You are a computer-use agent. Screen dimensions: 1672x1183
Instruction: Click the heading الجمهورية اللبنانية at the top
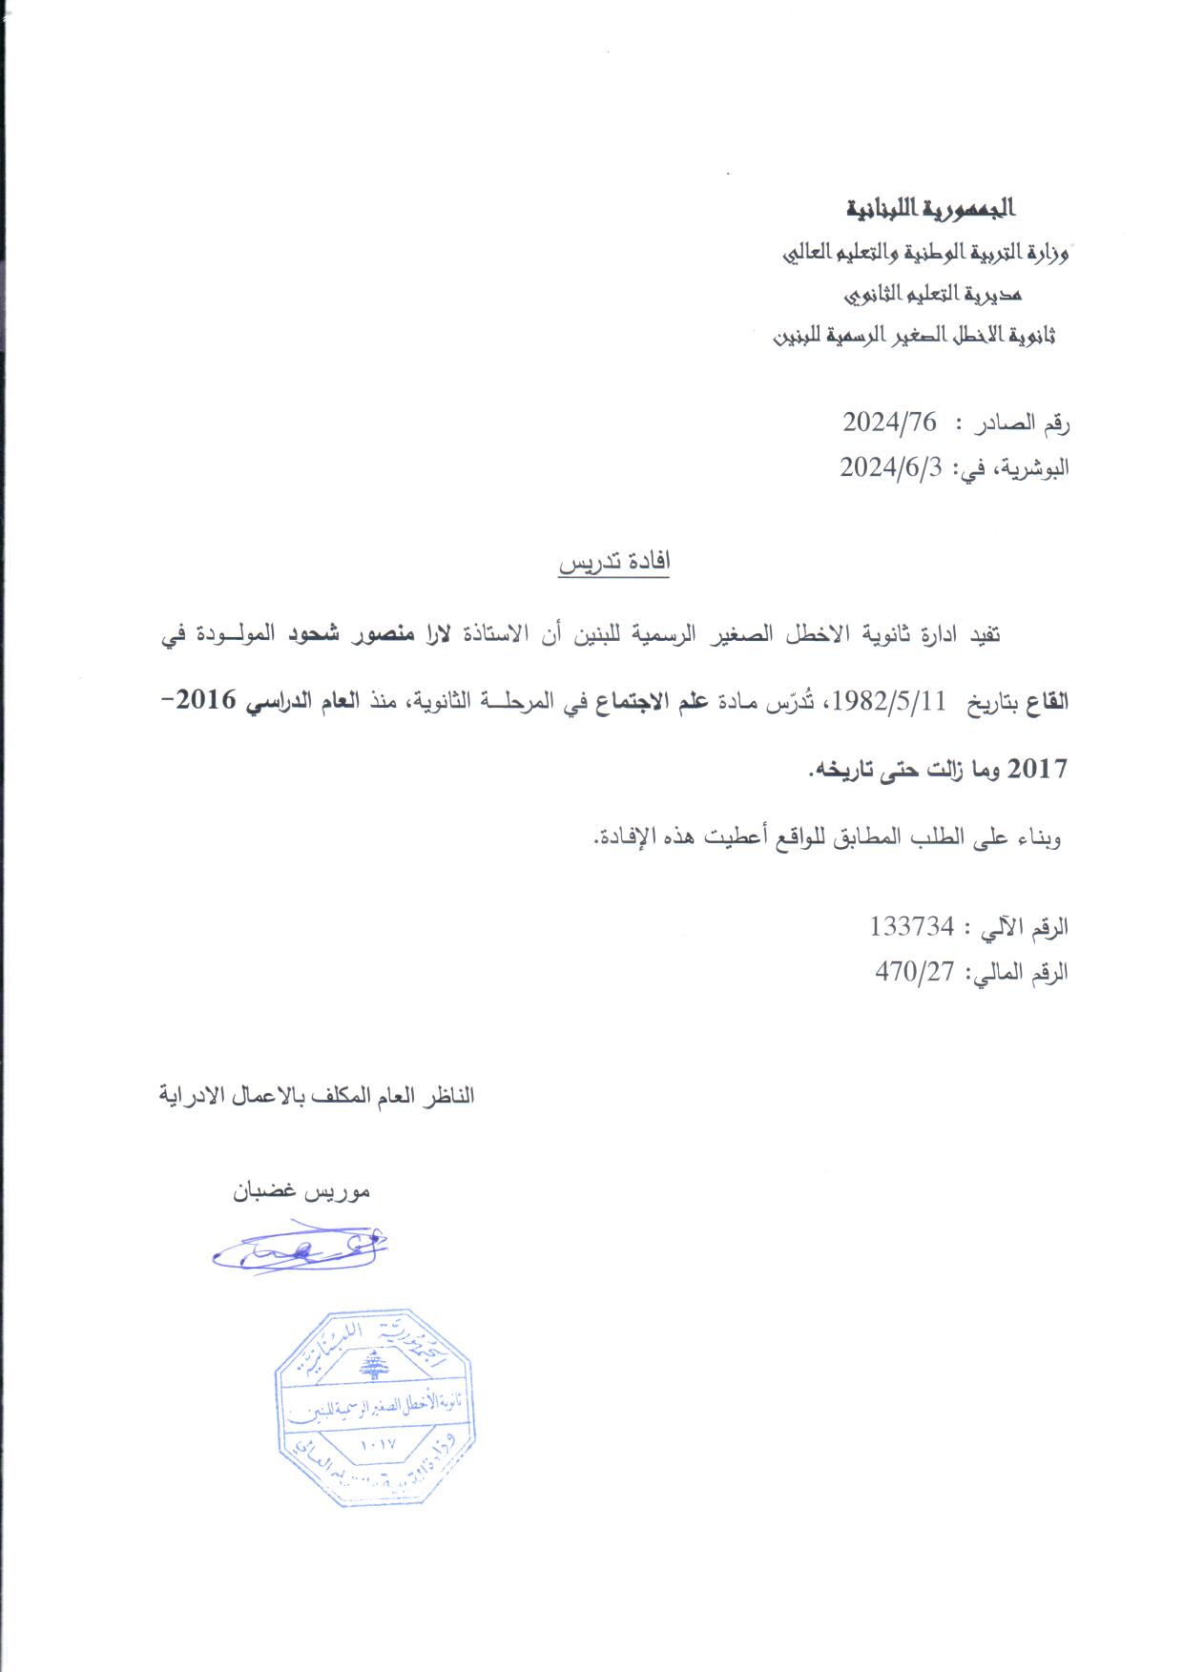point(930,207)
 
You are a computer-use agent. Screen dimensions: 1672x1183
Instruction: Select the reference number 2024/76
point(889,422)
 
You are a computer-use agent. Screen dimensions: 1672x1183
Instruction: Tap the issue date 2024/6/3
point(890,468)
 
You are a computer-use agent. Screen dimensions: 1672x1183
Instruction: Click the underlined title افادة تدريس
point(614,563)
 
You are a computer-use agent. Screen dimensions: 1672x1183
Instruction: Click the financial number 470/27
point(915,972)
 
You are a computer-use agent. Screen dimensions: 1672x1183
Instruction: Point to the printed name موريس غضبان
point(301,1192)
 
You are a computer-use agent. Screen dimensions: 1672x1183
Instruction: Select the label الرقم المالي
point(1020,973)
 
